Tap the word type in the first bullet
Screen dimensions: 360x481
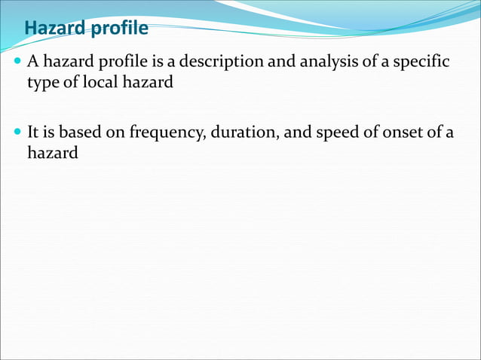[x=42, y=82]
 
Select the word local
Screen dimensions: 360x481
[x=102, y=82]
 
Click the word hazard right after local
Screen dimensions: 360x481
[x=150, y=82]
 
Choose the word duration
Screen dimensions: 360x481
[x=248, y=133]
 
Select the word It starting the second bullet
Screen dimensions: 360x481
[x=33, y=133]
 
